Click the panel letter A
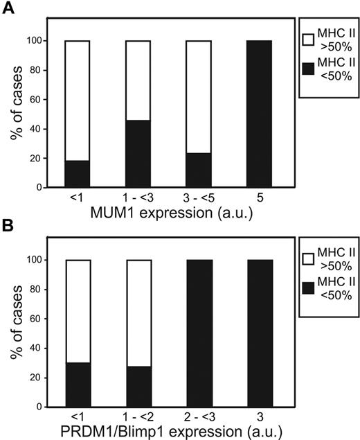8,8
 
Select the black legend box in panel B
309,292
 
